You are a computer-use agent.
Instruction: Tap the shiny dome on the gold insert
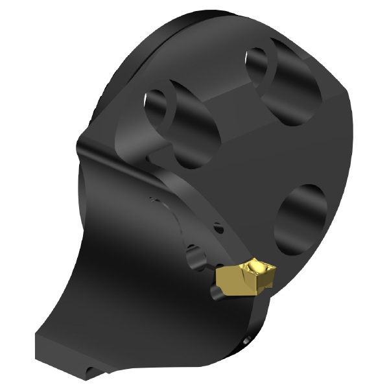pyautogui.click(x=257, y=267)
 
